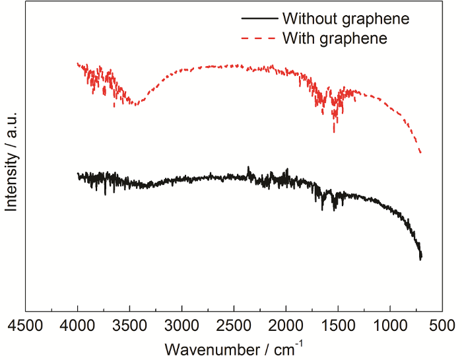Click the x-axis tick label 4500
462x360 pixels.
point(26,326)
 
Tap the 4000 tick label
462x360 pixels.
point(77,326)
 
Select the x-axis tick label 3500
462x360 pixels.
point(129,326)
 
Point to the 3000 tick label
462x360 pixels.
point(181,326)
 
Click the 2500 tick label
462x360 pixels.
point(234,326)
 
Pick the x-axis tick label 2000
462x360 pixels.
point(285,326)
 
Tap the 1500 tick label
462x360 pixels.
point(337,326)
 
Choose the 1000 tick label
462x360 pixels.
point(389,326)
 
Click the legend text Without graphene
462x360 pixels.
point(346,18)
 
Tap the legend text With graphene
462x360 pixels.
point(335,38)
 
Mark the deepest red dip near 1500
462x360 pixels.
point(334,132)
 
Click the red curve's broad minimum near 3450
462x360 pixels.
point(135,104)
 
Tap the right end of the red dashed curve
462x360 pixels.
point(420,153)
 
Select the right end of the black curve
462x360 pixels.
point(420,258)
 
